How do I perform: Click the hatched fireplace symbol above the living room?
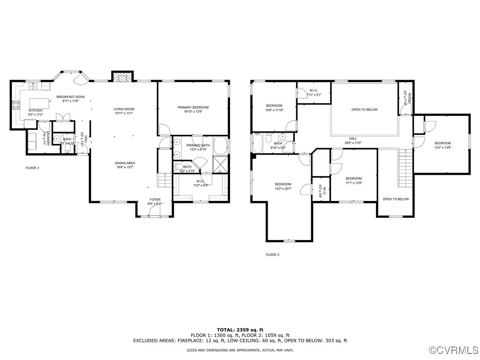coord(123,77)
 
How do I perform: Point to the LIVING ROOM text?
coord(124,109)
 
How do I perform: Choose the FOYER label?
coord(155,200)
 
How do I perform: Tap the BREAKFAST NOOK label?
coord(70,97)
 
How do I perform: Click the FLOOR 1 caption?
coord(32,167)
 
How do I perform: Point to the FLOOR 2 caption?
coord(272,255)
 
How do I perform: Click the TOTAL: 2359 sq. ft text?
coord(240,330)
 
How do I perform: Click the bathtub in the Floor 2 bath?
coord(257,143)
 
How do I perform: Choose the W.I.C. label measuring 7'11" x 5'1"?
coord(314,93)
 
